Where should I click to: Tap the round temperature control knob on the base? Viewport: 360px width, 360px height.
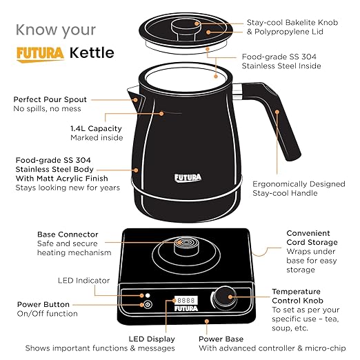223,297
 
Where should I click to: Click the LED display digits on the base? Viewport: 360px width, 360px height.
183,301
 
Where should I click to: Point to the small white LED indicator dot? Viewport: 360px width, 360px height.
147,294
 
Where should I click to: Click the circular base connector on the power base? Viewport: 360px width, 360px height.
183,243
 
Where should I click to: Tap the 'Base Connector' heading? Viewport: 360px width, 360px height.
68,234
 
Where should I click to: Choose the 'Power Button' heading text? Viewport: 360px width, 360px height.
43,304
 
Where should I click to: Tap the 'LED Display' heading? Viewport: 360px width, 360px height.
152,339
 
